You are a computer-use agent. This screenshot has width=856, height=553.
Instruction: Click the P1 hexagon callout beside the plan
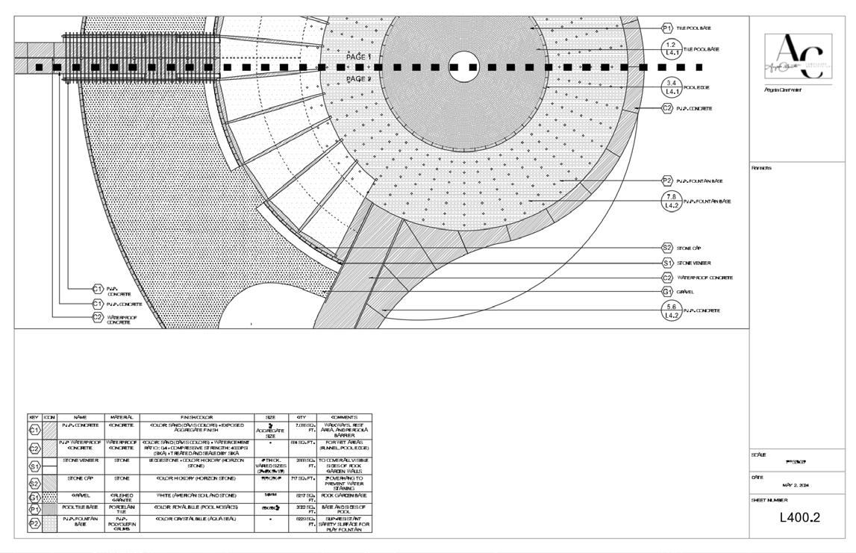click(x=667, y=28)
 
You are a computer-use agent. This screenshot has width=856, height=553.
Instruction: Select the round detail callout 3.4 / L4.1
click(x=672, y=87)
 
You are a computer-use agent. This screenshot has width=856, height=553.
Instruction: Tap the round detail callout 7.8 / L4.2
click(x=672, y=201)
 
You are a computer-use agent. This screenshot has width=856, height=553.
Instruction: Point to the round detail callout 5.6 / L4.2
click(x=672, y=310)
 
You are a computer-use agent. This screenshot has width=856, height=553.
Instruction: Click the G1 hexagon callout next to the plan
click(x=667, y=292)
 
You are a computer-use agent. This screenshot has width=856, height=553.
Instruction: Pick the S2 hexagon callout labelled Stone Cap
click(x=667, y=248)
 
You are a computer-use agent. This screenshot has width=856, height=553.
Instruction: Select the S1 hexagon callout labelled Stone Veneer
click(x=667, y=263)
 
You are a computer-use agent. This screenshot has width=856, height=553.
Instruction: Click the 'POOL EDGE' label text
click(x=696, y=87)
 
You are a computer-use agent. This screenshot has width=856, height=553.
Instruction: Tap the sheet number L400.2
click(x=800, y=517)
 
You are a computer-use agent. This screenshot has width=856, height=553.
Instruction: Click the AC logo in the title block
click(x=798, y=57)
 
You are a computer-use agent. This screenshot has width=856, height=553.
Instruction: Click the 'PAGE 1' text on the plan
click(x=358, y=57)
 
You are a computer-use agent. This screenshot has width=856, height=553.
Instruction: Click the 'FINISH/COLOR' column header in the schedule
click(x=196, y=417)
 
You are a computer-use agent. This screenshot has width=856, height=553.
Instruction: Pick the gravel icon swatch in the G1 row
click(x=50, y=496)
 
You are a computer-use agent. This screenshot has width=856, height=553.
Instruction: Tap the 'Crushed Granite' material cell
click(x=122, y=496)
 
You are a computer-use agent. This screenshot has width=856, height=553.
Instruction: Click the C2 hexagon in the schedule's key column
click(x=34, y=448)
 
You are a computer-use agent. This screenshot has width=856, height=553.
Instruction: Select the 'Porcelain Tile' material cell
click(x=122, y=509)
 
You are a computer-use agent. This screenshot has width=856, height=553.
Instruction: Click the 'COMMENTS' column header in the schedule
click(x=343, y=417)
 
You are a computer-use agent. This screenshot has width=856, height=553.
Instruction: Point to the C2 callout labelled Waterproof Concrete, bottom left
click(x=98, y=317)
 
